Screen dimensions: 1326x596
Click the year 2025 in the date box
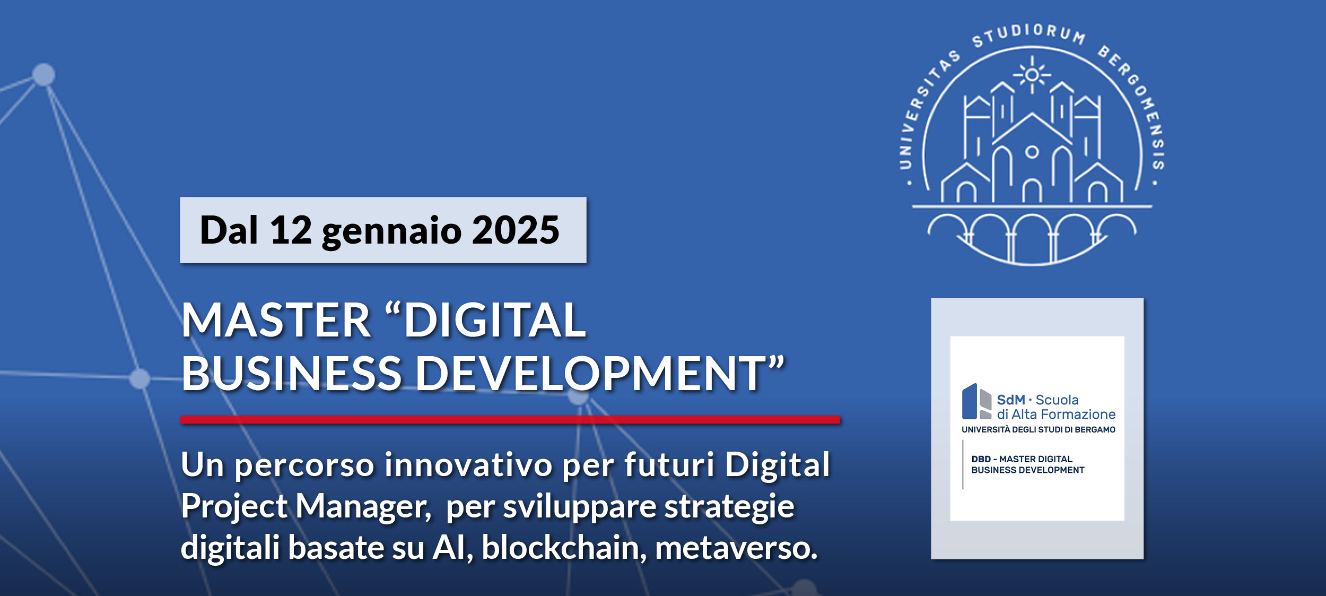tap(516, 230)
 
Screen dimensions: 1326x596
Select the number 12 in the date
tap(291, 230)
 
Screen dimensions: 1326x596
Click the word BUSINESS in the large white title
tap(291, 373)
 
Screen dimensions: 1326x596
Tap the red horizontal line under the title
tap(510, 420)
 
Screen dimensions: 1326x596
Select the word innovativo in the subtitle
tap(468, 465)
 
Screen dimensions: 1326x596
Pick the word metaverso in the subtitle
tap(736, 547)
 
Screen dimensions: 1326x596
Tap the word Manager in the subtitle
tap(363, 507)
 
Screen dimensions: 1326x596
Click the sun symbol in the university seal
tap(1032, 75)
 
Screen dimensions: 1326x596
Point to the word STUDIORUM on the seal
tap(1028, 34)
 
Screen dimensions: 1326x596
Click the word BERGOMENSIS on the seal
tap(1140, 103)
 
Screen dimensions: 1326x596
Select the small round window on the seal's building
tap(1032, 152)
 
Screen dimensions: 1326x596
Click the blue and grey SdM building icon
tap(977, 401)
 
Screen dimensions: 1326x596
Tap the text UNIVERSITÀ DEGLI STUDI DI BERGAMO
tap(1038, 429)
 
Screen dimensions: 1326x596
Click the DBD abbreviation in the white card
tap(981, 459)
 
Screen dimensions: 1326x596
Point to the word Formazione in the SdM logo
tap(1083, 414)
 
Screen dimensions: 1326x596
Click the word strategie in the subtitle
tap(729, 507)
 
